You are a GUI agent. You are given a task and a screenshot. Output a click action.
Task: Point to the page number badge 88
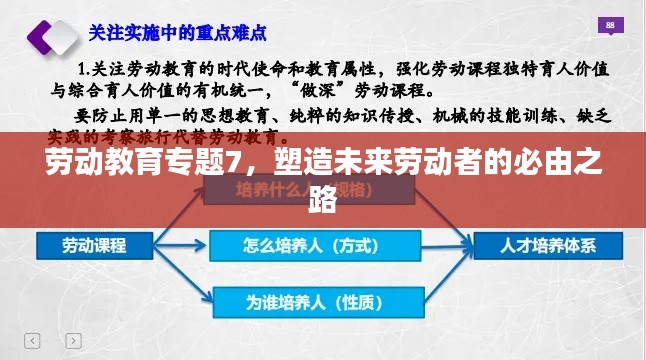609,25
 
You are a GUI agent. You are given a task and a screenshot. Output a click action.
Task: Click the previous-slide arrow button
31,340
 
